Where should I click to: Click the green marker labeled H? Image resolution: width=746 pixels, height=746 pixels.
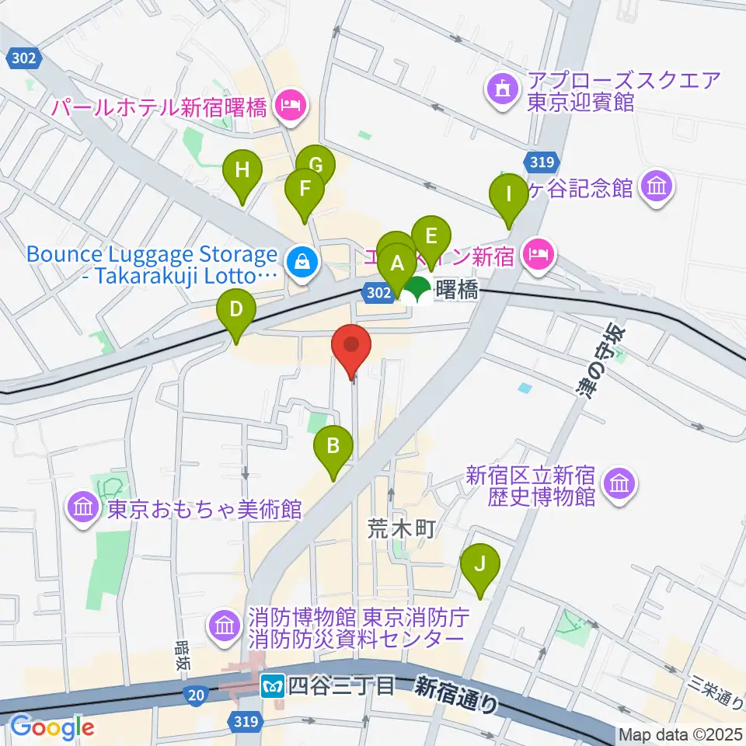pyautogui.click(x=243, y=169)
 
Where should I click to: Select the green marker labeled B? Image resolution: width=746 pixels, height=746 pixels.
pyautogui.click(x=333, y=447)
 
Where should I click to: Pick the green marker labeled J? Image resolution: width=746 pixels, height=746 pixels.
pyautogui.click(x=480, y=563)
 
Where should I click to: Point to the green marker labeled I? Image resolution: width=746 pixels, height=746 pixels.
pyautogui.click(x=509, y=193)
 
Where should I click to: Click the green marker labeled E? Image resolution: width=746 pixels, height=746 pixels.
pyautogui.click(x=431, y=235)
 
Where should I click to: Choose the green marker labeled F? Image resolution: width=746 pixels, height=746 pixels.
pyautogui.click(x=305, y=189)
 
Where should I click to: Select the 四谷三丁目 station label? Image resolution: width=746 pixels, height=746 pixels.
pyautogui.click(x=341, y=685)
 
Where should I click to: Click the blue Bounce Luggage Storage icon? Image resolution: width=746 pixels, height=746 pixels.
pyautogui.click(x=299, y=262)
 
